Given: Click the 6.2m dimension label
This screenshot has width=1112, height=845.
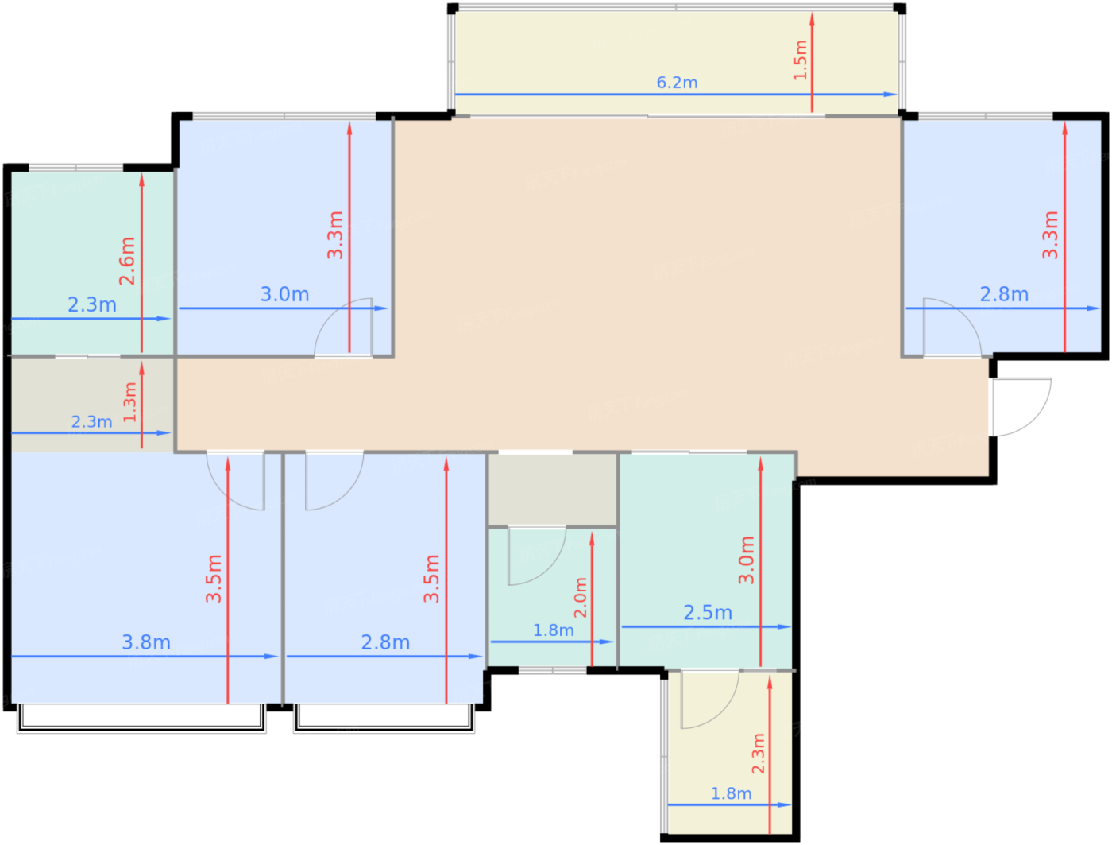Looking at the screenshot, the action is point(677,82).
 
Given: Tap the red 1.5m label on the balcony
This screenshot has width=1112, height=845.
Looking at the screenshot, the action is point(800,60).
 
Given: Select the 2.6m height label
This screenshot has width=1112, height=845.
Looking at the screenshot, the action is point(127,261).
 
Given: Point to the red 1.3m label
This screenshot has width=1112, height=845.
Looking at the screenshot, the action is point(130,402).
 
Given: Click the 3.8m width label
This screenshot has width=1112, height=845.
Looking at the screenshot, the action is point(146,642).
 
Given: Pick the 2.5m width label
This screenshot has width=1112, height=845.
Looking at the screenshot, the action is point(708,612).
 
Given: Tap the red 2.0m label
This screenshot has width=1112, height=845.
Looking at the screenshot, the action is point(581,598).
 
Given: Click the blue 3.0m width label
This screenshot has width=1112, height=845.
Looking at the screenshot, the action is point(284,294).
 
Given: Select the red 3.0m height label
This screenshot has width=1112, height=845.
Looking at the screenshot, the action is point(746,560).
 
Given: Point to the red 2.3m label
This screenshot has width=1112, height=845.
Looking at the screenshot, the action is point(758,754).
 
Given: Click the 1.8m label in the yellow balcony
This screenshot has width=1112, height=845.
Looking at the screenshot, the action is point(731,793).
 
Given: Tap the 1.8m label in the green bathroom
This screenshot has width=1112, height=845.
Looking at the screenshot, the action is point(553,630).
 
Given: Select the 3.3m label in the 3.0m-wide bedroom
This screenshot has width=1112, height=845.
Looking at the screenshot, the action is point(335,235).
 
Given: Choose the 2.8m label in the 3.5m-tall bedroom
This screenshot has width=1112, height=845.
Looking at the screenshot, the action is point(385,642).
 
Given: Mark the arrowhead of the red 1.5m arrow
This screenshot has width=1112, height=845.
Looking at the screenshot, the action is point(812,19).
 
